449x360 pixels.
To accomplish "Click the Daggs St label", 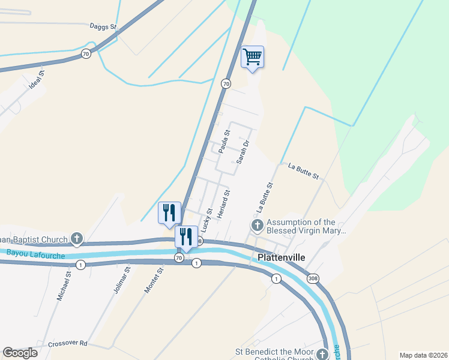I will pos(103,27).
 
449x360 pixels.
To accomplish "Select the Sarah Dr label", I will pos(242,152).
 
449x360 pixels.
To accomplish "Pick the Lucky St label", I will pos(207,221).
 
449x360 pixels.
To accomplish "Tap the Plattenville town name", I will pos(282,257).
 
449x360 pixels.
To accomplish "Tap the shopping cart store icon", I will pos(253,57).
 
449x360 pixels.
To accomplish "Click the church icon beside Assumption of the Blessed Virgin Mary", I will pos(257,226).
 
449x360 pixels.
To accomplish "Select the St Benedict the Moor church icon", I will pos(323,354).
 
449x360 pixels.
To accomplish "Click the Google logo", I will pos(20,353).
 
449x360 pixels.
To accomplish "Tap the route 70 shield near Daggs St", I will pos(86,54).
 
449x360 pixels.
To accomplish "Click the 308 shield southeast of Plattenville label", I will pos(312,279).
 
